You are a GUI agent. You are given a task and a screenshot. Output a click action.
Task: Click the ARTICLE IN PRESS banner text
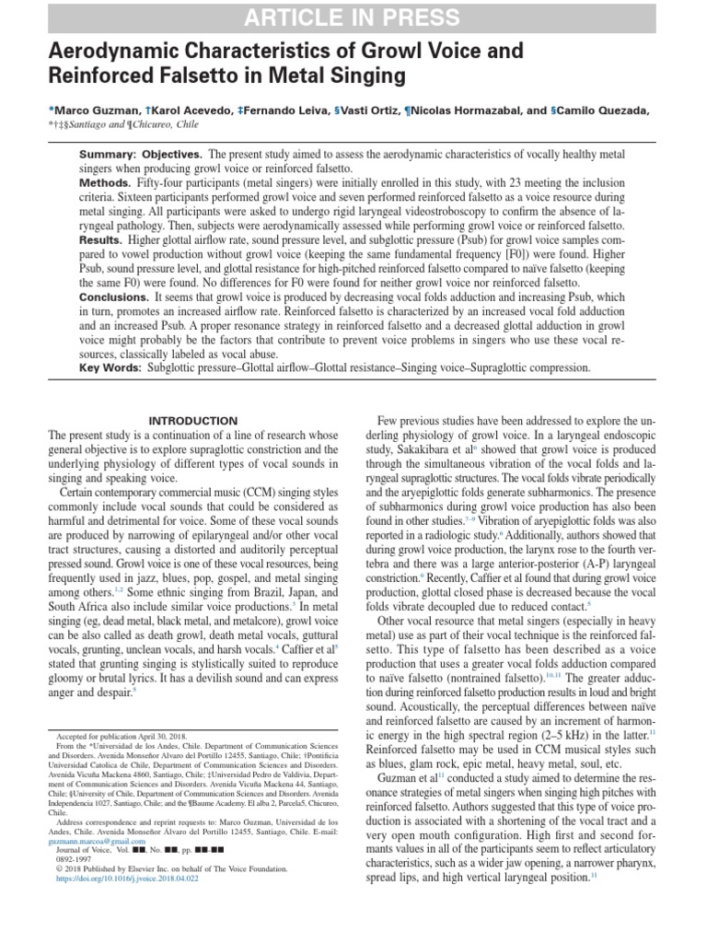[x=353, y=17]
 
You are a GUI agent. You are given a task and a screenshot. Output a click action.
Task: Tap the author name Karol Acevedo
[x=182, y=111]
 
